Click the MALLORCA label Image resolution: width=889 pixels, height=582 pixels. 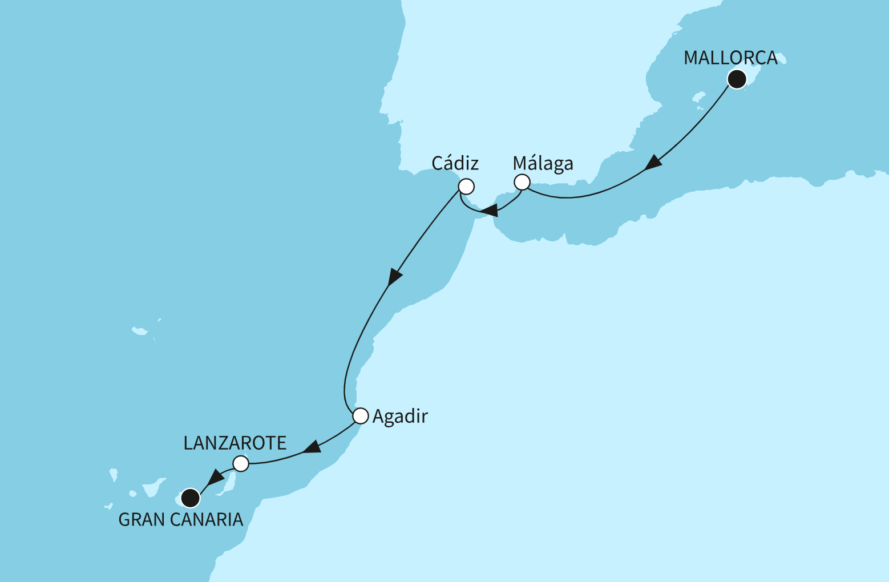[730, 58]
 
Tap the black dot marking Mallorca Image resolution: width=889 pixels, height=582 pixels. [737, 79]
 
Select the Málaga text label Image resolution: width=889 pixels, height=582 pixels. [543, 164]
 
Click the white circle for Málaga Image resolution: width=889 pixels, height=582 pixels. [522, 183]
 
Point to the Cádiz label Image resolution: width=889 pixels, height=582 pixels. [455, 164]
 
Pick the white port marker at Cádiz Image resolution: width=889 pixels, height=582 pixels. [466, 187]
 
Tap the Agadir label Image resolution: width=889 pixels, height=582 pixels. [400, 417]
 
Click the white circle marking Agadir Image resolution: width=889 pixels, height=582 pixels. [361, 416]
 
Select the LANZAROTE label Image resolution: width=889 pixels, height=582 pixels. [235, 443]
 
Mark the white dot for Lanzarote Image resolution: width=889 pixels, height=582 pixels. [241, 463]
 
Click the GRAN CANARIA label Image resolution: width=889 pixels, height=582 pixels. [181, 520]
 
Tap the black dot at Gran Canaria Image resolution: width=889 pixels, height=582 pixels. [190, 498]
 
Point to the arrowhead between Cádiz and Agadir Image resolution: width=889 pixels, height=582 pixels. [394, 277]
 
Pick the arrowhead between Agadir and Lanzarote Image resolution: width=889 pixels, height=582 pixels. [312, 447]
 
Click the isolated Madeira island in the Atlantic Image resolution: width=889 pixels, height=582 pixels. [139, 331]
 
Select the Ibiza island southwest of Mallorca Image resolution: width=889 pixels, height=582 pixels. [697, 95]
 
